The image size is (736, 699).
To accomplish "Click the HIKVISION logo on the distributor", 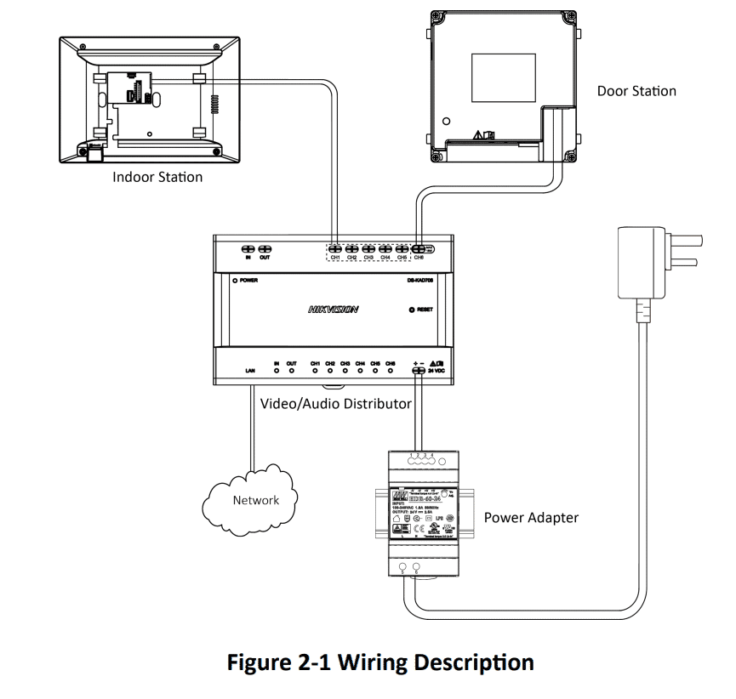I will click(x=333, y=310).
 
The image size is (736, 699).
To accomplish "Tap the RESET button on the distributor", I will click(x=412, y=310).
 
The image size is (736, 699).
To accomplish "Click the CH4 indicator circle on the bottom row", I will click(x=360, y=371).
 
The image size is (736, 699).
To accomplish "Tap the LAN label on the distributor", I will click(x=250, y=372).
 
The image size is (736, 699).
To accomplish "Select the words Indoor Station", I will click(x=158, y=177).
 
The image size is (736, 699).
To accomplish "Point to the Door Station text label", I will click(x=636, y=91).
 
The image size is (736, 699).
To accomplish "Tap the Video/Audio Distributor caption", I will click(x=336, y=403).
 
